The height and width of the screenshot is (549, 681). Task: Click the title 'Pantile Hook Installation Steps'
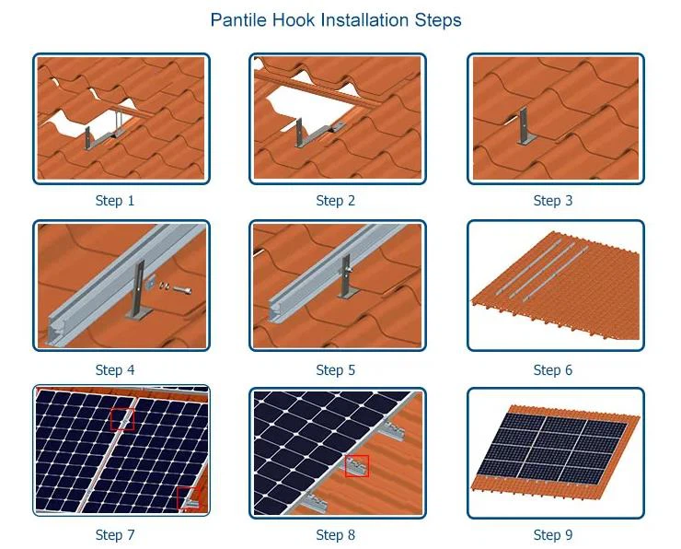336,19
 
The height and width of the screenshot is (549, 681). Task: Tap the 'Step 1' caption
115,201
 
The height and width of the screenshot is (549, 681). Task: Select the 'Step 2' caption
335,201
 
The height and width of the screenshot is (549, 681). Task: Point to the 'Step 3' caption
553,201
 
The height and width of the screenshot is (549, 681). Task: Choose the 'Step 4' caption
115,370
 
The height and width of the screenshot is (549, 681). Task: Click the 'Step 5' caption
335,370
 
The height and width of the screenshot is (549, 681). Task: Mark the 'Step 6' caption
553,370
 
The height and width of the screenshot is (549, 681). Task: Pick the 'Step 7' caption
115,535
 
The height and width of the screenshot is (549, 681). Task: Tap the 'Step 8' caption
335,535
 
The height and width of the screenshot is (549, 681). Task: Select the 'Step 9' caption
553,535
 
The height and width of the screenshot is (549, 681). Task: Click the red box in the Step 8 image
357,465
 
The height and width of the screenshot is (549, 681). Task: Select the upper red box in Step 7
121,419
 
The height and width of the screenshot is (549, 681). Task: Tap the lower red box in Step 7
188,498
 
